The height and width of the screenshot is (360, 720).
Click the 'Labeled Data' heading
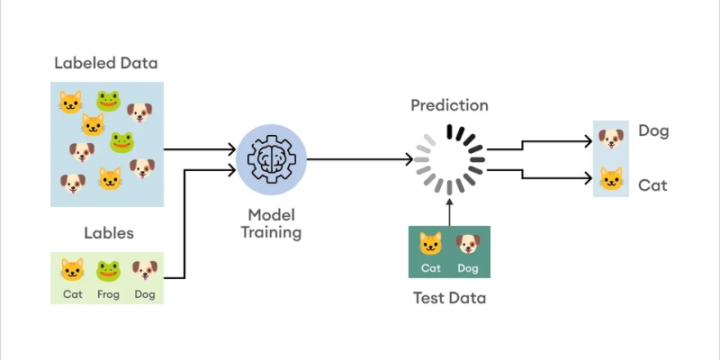click(106, 63)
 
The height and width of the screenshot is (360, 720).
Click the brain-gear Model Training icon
click(271, 158)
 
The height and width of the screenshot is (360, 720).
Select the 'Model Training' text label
click(271, 223)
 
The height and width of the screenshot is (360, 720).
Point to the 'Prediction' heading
click(449, 105)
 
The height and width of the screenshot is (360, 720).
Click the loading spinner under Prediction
click(450, 159)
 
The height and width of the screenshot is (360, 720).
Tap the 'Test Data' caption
click(449, 298)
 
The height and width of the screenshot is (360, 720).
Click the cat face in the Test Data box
click(431, 243)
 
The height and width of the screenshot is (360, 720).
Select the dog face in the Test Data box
click(467, 243)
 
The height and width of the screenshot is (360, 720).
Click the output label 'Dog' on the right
click(653, 131)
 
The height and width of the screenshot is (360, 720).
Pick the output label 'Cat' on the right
click(652, 185)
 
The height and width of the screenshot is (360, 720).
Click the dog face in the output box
click(611, 139)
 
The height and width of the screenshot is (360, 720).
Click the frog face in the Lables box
click(108, 269)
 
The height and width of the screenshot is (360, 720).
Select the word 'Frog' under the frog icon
click(108, 293)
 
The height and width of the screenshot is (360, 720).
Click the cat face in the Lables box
click(72, 269)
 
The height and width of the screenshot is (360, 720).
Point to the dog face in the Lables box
click(144, 269)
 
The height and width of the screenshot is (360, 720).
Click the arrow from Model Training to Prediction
click(360, 159)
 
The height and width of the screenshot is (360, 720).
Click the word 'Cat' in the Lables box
click(72, 293)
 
